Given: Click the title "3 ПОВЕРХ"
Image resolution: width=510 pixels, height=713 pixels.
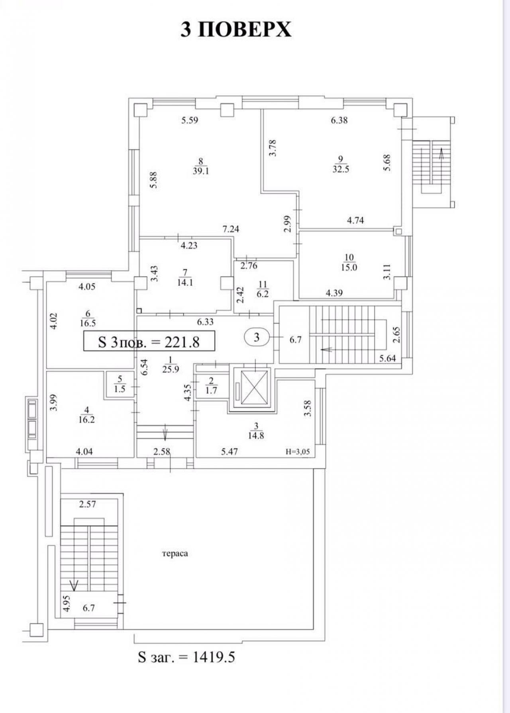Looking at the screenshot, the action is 236,29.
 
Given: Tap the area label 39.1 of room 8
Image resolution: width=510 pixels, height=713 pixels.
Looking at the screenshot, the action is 201,171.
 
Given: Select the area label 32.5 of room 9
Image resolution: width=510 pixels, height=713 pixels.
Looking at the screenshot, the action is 340,169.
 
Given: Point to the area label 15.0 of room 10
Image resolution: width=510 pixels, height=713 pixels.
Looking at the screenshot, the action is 349,267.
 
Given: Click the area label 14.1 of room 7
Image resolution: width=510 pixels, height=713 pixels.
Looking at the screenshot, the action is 185,283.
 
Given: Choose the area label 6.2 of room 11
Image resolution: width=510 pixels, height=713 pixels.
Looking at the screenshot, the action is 263,294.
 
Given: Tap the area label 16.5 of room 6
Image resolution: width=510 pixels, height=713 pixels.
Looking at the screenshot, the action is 88,323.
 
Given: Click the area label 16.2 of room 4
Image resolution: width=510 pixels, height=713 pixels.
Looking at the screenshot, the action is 86,420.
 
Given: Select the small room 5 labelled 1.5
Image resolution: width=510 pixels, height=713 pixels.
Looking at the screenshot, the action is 120,385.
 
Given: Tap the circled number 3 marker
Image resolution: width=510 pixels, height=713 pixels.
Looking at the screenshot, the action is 257,338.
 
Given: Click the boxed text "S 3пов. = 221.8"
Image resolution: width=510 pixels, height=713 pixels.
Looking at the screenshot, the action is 149,341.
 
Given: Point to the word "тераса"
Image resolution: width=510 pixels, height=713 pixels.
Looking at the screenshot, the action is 175,554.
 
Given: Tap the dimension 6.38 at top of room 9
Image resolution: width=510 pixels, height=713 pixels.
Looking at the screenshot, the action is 339,120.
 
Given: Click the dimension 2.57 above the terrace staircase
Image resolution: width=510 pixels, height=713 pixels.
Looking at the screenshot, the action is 87,505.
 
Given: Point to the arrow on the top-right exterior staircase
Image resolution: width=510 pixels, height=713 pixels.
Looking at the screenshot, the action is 441,153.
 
